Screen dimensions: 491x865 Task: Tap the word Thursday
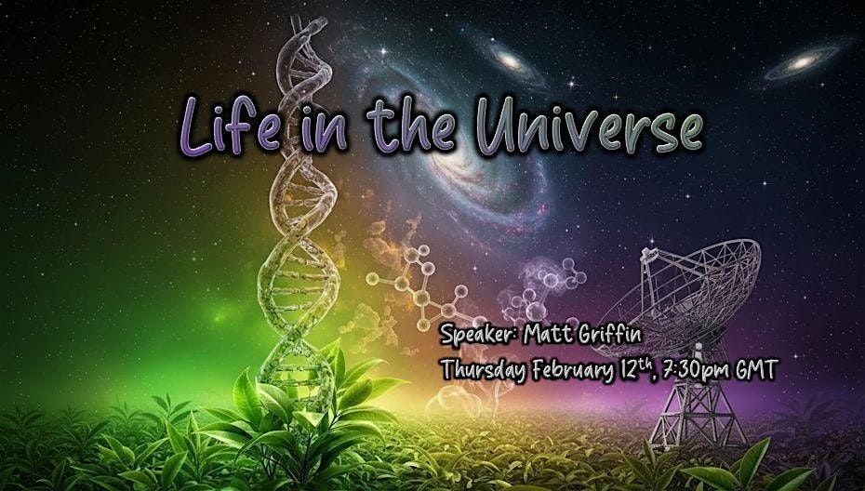(x=487, y=369)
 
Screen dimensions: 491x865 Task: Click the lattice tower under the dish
(x=693, y=401)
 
